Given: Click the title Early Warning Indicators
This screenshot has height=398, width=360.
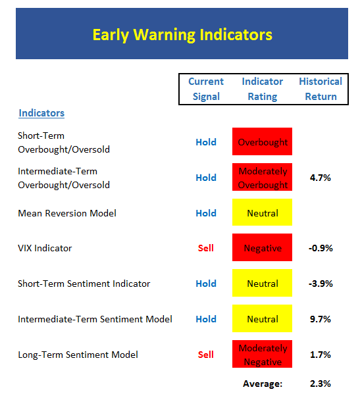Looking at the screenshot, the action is coord(182,34).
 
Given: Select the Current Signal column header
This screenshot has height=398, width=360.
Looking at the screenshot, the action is coord(206,89).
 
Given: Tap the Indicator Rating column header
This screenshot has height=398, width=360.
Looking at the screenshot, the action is coord(262,89).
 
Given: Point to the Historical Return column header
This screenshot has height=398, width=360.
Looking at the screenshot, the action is coord(321,89).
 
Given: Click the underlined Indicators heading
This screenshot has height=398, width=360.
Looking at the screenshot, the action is coord(41,113).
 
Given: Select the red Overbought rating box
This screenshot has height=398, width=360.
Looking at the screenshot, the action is coord(262,141).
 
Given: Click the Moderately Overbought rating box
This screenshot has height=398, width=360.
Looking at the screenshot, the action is coord(262,177).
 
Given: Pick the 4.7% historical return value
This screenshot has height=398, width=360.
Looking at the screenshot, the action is coord(321,178).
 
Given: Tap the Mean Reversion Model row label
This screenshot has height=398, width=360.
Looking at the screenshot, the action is coord(67,213).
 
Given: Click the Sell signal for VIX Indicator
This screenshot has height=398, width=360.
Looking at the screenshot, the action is coord(205,248).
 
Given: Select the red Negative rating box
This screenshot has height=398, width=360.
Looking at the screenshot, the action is coord(262,247).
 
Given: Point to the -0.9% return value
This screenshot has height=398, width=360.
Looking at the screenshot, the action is coord(321,248).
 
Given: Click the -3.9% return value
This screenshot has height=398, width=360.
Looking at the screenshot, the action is coord(321,284).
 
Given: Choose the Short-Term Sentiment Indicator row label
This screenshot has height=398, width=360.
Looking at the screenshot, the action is coord(84,284).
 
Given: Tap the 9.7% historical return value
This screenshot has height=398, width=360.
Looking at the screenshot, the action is coord(321,319).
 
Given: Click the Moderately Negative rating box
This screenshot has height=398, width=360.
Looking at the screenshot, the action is coord(262,354).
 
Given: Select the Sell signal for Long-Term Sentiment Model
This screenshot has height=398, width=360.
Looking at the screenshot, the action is coord(205,355).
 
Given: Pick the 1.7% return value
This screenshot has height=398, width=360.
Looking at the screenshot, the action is coord(321,355).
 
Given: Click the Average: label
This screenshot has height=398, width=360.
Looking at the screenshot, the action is coord(263,384).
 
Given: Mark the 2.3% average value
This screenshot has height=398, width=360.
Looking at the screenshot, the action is coord(321,384).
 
